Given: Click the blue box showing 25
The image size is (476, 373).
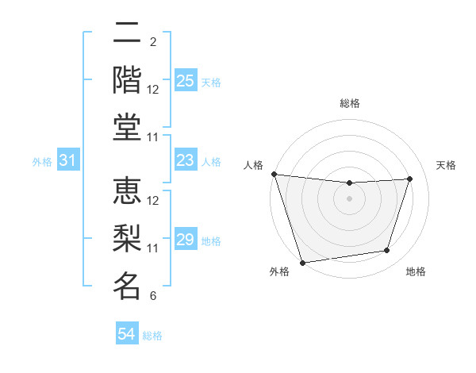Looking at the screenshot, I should (x=185, y=80).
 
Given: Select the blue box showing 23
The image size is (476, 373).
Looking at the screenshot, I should (x=185, y=160).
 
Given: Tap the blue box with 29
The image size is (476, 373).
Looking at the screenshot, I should (x=185, y=240).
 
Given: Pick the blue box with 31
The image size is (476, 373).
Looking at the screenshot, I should (x=67, y=160).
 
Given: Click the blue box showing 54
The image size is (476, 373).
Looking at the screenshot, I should (x=126, y=335).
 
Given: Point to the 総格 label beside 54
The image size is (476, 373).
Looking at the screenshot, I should (x=153, y=336).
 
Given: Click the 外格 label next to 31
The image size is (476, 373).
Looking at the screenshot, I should (x=42, y=161).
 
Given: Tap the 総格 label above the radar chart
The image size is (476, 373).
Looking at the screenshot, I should (x=349, y=103).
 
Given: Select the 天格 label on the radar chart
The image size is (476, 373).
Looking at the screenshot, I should (x=447, y=165).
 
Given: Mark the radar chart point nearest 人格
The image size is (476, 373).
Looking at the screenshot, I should (x=274, y=174).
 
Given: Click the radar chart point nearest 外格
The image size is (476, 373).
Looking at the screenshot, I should (x=302, y=262).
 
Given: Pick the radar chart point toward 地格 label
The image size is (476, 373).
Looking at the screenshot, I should (x=387, y=251).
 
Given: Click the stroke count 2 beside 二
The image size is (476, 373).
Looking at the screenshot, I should (x=152, y=41).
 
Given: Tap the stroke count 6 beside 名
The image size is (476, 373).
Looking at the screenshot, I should (x=152, y=296).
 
